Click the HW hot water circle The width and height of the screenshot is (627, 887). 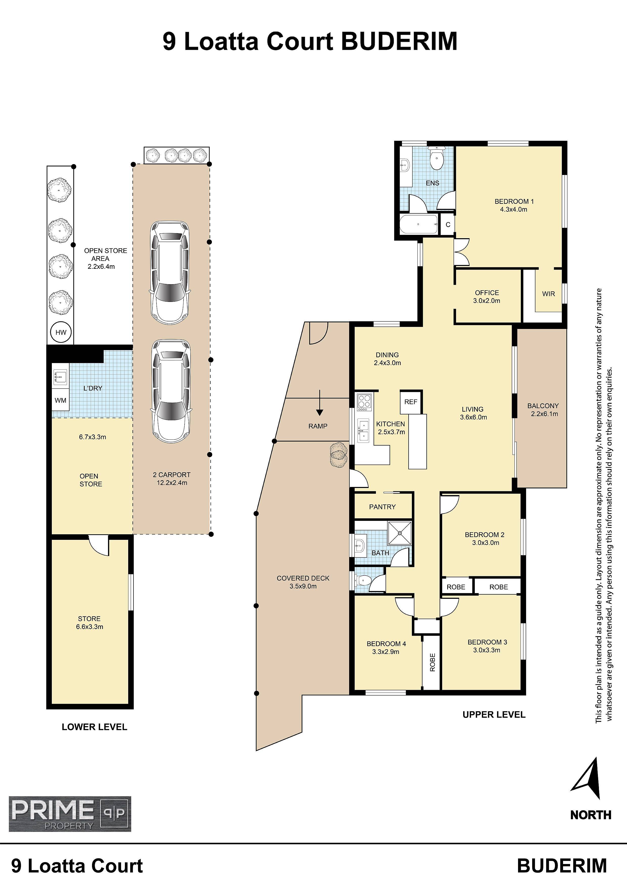click(x=61, y=332)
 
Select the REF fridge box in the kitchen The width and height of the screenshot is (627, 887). click(x=411, y=402)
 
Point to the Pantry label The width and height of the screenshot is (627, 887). click(x=383, y=507)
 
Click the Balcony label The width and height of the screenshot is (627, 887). click(x=543, y=410)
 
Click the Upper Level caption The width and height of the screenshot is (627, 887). click(x=494, y=715)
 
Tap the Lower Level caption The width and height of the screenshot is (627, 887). click(x=94, y=727)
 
